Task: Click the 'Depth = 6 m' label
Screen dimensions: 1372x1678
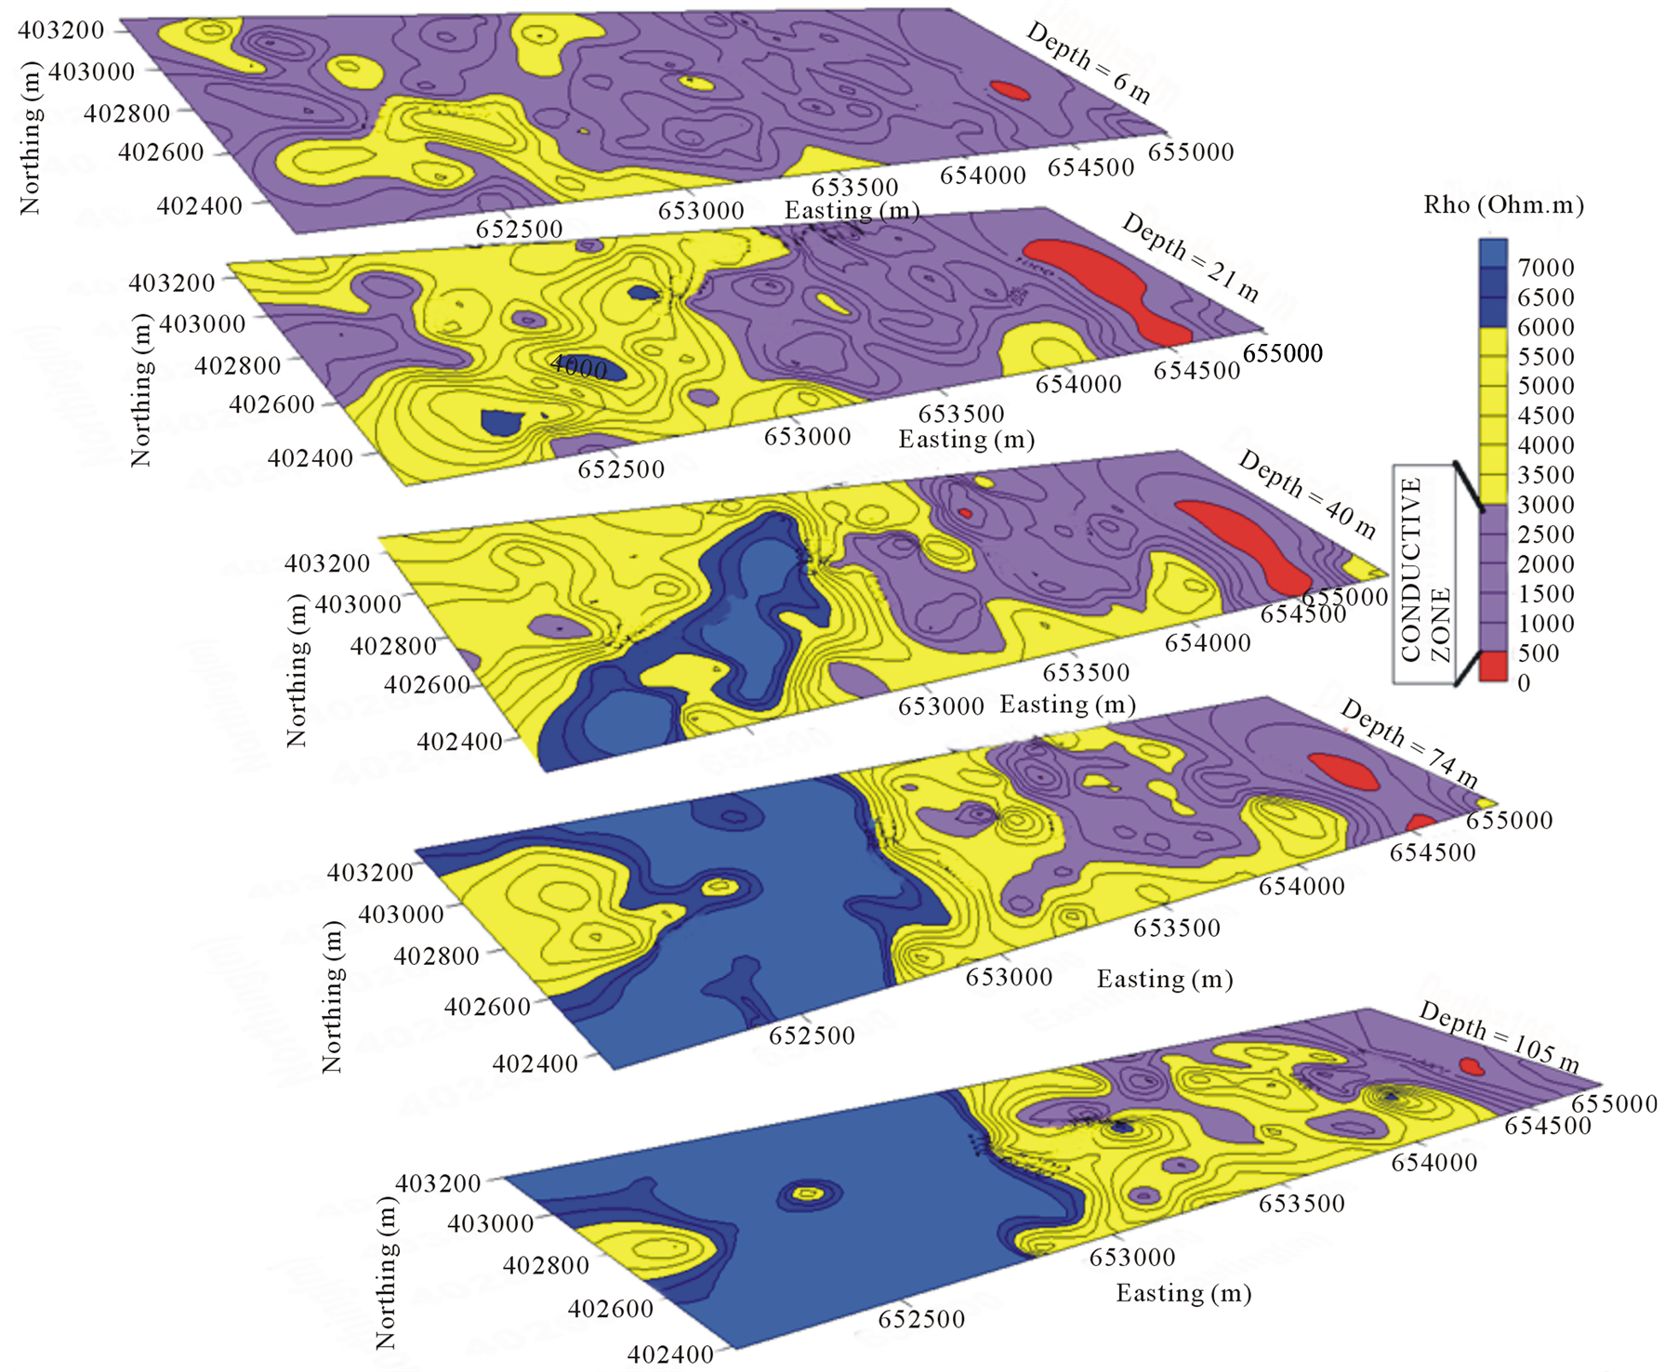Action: [x=1088, y=62]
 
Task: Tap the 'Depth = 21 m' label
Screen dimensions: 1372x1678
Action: [x=1190, y=257]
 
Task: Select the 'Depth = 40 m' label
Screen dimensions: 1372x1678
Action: [x=1307, y=495]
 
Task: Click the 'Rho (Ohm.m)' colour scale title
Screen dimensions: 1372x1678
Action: [x=1503, y=204]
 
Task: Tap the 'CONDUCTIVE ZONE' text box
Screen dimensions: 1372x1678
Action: [x=1423, y=574]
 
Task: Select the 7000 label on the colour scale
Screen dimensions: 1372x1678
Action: [x=1545, y=268]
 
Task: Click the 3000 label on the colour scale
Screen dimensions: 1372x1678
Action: [x=1545, y=505]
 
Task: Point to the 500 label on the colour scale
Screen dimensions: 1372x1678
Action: [x=1538, y=653]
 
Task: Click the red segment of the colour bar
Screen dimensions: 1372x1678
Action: [x=1493, y=667]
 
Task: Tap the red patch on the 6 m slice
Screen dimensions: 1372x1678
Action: [x=1010, y=90]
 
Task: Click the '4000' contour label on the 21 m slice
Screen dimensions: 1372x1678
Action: [x=578, y=366]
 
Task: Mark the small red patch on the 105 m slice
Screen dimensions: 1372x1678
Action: [x=1471, y=1065]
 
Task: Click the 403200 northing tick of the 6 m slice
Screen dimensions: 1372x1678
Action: [x=60, y=30]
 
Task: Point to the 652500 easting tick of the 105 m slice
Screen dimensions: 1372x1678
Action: [x=921, y=1318]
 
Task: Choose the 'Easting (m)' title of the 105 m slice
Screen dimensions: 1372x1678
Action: [x=1183, y=1293]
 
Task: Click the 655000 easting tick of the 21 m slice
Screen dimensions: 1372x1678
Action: [x=1282, y=353]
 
